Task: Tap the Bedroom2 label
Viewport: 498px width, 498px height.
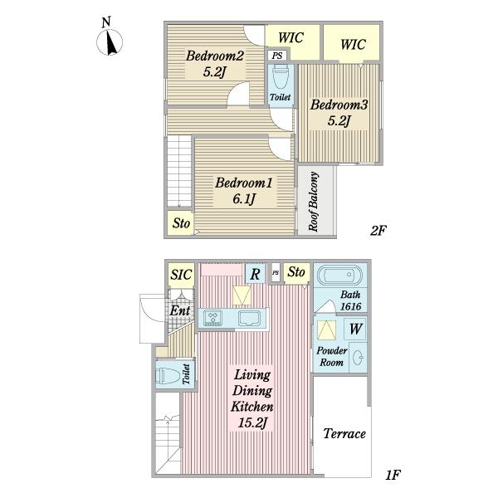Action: click(x=215, y=56)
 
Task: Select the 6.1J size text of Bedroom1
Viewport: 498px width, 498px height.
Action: click(x=244, y=199)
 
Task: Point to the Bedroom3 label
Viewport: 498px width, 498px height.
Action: click(x=339, y=105)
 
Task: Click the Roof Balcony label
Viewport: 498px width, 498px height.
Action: click(x=314, y=202)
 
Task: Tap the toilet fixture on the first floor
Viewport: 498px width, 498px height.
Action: click(x=168, y=376)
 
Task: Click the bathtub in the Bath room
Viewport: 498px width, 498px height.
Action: click(x=339, y=275)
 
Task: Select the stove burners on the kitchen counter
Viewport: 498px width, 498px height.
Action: click(x=212, y=318)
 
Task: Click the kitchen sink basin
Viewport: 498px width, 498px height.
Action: click(x=249, y=318)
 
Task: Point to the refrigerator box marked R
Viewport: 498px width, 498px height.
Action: click(x=256, y=273)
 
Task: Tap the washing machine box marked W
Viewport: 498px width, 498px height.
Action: click(x=355, y=329)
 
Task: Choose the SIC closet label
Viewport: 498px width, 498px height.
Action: click(x=181, y=275)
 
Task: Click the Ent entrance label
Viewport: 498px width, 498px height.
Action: click(x=180, y=310)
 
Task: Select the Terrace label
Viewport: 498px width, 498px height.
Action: click(x=344, y=433)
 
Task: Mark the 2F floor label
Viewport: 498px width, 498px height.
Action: click(x=378, y=230)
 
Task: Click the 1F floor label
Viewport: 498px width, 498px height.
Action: click(x=393, y=475)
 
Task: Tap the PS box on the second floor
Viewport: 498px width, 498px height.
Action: click(x=277, y=56)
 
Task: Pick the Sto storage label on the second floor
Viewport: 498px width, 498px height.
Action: click(x=181, y=223)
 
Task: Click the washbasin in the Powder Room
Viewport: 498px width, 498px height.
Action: click(x=358, y=358)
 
